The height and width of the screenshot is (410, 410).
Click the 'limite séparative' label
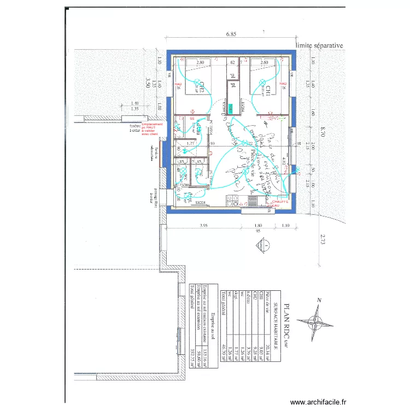(319, 46)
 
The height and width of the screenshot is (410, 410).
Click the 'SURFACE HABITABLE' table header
(282, 323)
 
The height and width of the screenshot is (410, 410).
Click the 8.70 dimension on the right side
(323, 131)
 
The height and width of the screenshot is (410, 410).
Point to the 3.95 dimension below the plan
(204, 225)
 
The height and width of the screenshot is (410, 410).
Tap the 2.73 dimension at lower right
(323, 238)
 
